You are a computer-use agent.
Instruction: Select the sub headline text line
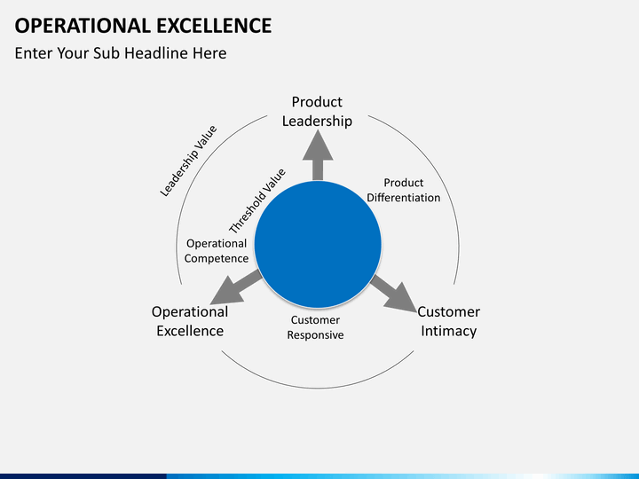pos(121,53)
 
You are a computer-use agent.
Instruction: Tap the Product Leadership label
pos(317,112)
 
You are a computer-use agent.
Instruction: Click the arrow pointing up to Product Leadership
pos(317,155)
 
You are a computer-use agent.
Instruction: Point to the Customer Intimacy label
pos(448,321)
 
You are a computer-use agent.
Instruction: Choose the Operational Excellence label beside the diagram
pos(190,321)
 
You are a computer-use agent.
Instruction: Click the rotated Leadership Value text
pos(188,161)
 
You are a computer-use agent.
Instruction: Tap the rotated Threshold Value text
pos(257,200)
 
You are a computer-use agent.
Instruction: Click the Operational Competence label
pos(217,251)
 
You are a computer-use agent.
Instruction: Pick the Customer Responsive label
pos(315,327)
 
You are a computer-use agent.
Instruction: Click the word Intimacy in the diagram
pos(448,331)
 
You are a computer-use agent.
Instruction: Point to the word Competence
pos(217,259)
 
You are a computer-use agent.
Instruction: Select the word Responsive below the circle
pos(315,335)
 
